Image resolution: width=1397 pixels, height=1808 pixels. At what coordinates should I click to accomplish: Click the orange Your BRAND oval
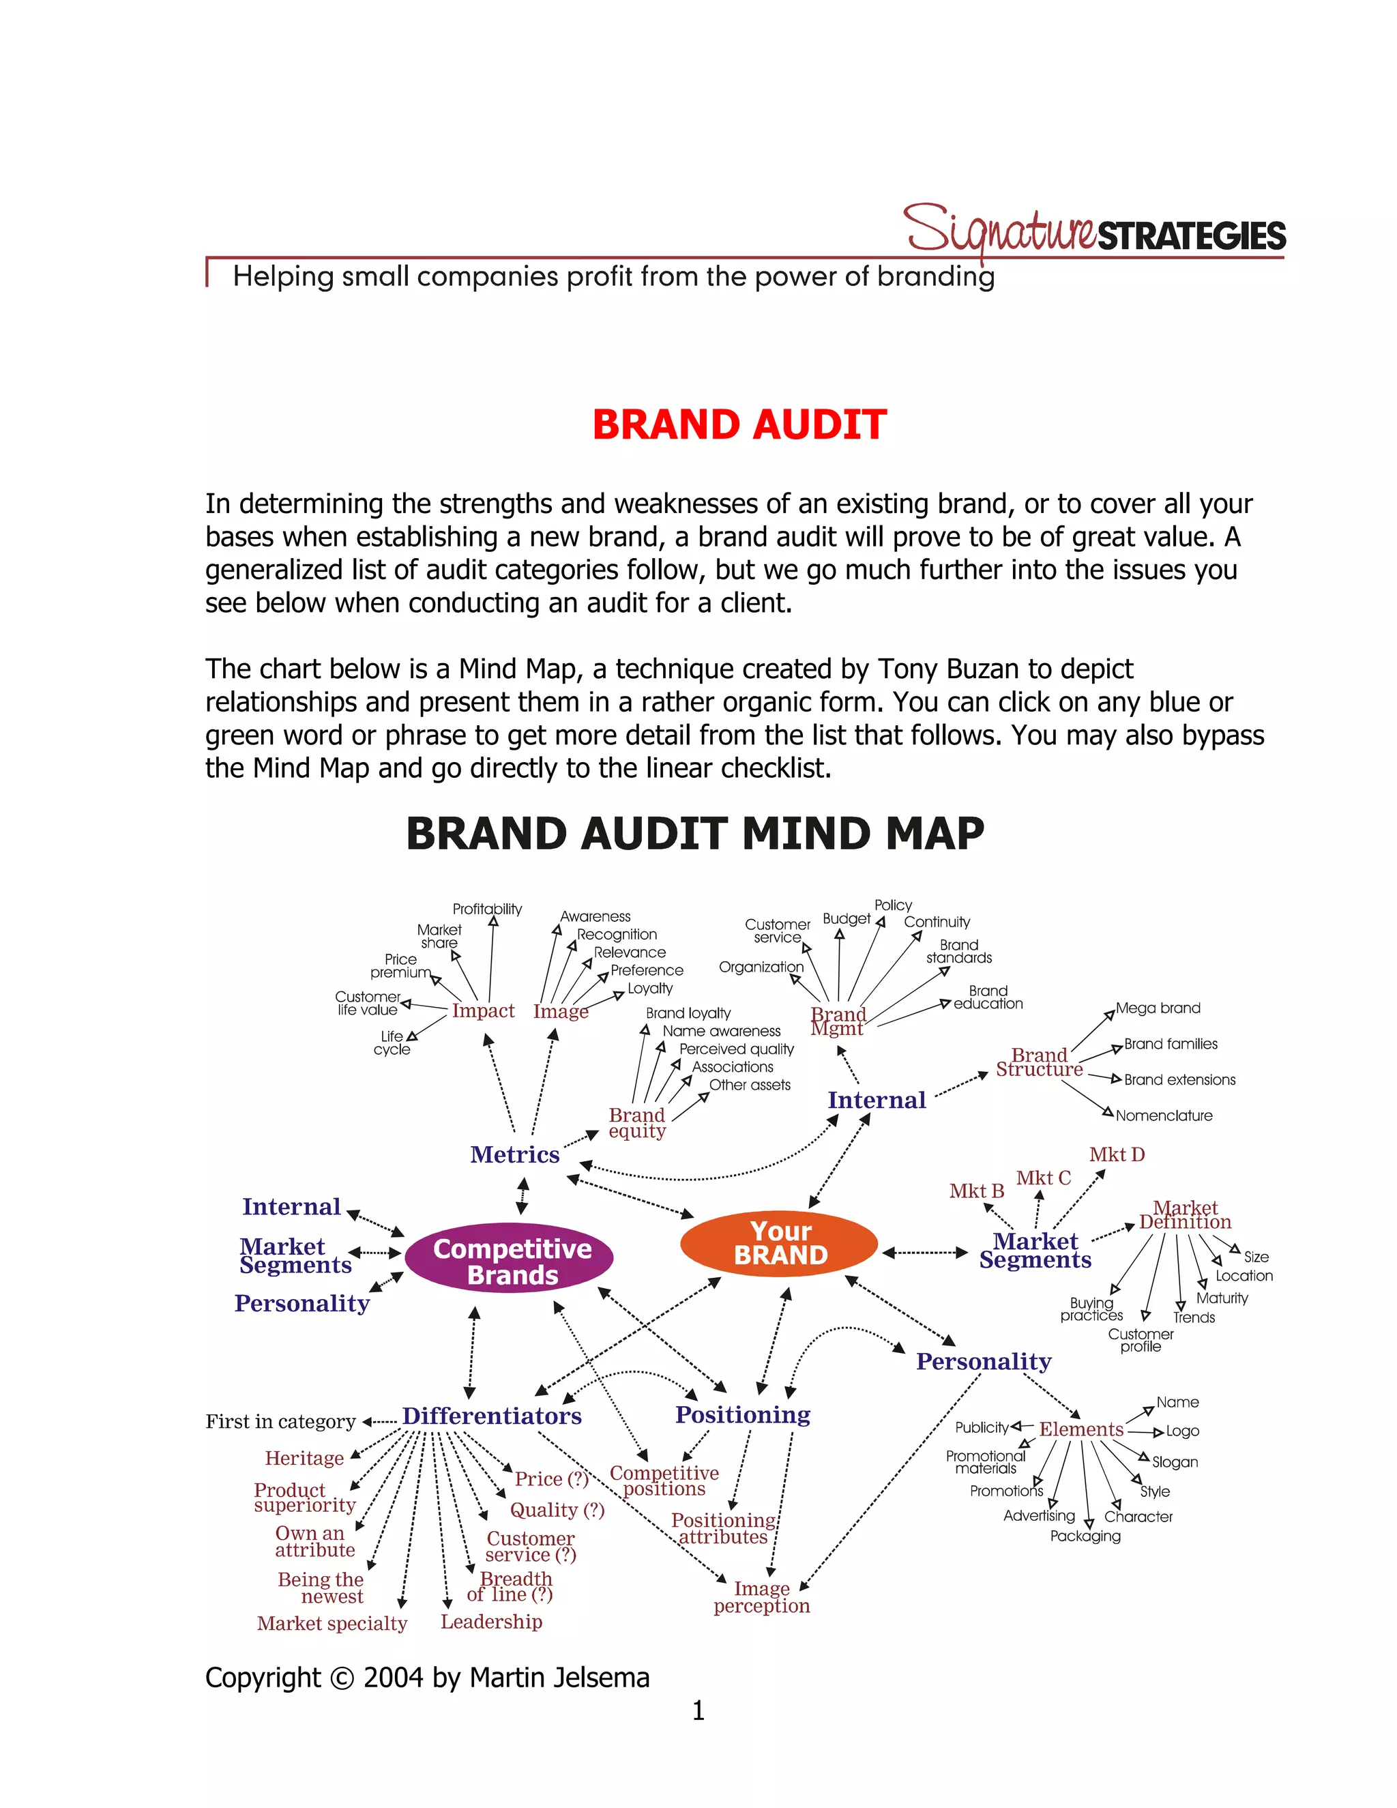pyautogui.click(x=779, y=1242)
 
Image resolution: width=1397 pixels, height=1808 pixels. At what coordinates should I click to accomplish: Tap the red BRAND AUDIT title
pyautogui.click(x=739, y=424)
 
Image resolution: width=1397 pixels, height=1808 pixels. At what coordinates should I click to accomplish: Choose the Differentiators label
pyautogui.click(x=492, y=1416)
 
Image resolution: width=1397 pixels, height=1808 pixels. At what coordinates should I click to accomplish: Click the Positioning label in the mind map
pyautogui.click(x=742, y=1415)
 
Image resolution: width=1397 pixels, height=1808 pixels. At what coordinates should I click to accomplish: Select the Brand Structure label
pyautogui.click(x=1039, y=1062)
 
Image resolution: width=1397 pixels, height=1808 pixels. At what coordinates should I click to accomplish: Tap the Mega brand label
pyautogui.click(x=1157, y=1008)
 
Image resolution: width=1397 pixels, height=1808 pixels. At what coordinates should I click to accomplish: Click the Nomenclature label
pyautogui.click(x=1164, y=1116)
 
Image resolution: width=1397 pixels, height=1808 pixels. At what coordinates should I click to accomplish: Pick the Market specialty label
pyautogui.click(x=332, y=1623)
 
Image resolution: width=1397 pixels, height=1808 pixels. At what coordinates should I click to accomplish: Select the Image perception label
pyautogui.click(x=761, y=1598)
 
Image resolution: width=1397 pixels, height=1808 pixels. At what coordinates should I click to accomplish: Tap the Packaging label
pyautogui.click(x=1085, y=1536)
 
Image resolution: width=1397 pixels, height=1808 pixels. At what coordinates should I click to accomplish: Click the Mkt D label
pyautogui.click(x=1117, y=1155)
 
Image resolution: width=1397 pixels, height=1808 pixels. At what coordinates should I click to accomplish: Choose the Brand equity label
pyautogui.click(x=636, y=1124)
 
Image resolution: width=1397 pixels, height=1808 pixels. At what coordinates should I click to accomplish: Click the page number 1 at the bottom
pyautogui.click(x=698, y=1710)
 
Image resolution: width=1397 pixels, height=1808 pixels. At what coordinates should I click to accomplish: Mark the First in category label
pyautogui.click(x=280, y=1423)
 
